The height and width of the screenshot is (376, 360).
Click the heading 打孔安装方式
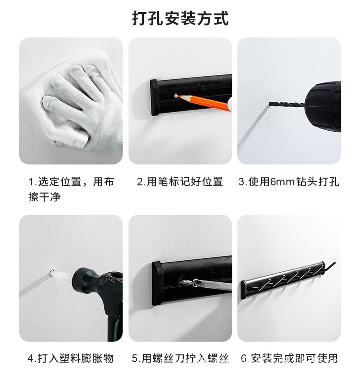coord(180,18)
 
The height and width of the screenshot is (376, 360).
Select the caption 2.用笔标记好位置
coord(180,182)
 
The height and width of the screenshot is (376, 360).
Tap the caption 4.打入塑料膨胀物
coord(71,358)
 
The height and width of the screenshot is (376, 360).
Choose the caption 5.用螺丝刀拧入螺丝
coord(180,358)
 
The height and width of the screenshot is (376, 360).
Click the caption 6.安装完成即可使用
coord(289,358)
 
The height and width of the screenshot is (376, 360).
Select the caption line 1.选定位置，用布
coord(71,182)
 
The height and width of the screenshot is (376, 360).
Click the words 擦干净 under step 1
coord(44,196)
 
